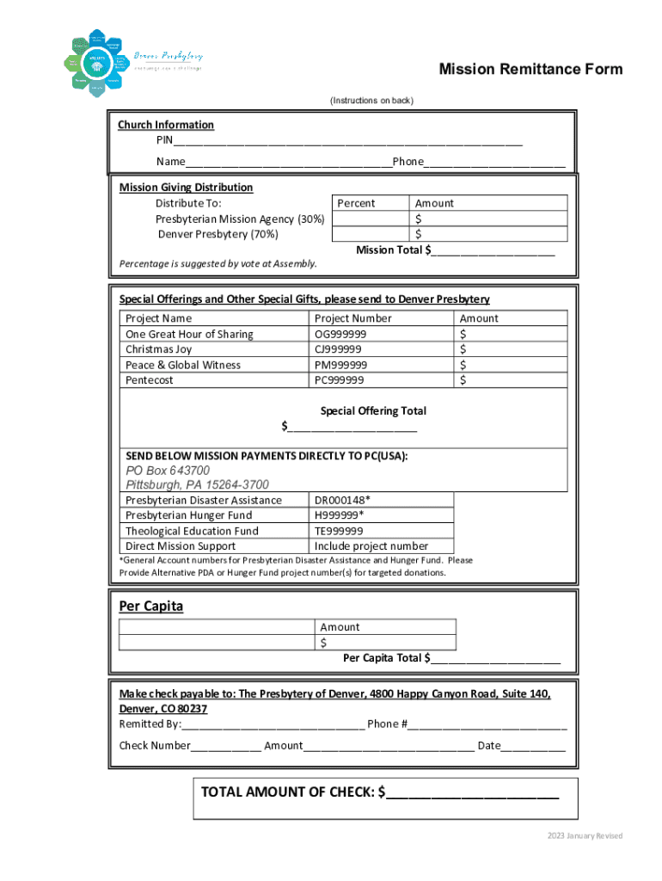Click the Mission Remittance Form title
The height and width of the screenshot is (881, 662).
point(530,70)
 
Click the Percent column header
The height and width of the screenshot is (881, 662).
point(356,203)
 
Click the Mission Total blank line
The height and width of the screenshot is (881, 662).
point(493,251)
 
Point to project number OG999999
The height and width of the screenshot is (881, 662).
point(340,334)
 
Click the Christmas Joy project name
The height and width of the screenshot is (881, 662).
point(159,349)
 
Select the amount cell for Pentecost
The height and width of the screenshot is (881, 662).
point(512,380)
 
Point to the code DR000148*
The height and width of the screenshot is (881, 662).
point(343,500)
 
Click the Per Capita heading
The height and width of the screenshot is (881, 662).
point(151,607)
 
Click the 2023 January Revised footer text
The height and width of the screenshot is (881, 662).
point(585,836)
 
